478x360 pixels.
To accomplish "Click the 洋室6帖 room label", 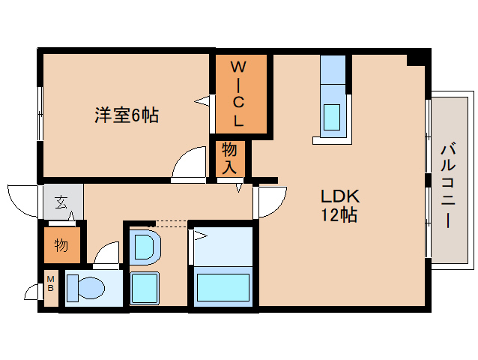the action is point(127,115).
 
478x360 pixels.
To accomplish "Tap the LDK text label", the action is point(340,196).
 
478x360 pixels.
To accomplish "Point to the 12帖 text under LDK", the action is point(339,214).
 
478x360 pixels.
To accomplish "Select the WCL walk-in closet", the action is point(241,94).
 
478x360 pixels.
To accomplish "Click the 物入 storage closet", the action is point(230,159).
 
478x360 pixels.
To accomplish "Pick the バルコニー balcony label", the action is point(448,187).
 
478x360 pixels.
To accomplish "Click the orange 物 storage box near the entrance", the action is point(62,245).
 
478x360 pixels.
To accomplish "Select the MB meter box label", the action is point(51,283).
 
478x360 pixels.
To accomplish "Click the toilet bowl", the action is point(91,288).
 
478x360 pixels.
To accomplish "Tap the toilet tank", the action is point(72,288).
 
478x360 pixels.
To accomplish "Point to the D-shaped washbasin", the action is point(145,247).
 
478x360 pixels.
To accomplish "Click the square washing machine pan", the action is point(145,288).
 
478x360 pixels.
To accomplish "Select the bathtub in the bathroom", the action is point(223,287).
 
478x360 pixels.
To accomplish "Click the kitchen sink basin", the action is point(332,117).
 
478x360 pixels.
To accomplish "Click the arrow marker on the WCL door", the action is point(202,101).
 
